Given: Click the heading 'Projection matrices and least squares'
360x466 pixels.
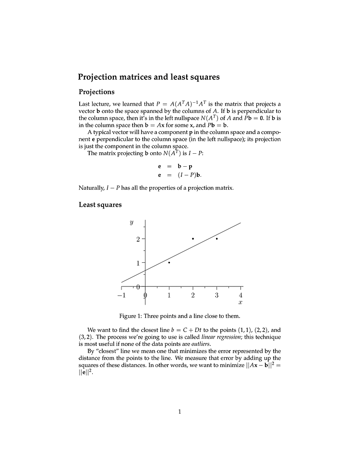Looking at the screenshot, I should tap(149, 77).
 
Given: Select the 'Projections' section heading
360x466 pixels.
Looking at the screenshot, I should tap(96, 92).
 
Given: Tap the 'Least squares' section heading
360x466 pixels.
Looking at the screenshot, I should tap(100, 205).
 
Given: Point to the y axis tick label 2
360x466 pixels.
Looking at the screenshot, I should tap(138, 239).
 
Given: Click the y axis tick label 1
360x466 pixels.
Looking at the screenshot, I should tap(138, 263).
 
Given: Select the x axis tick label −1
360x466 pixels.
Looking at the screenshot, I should tap(121, 295).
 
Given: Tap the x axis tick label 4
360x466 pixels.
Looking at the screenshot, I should tap(240, 295).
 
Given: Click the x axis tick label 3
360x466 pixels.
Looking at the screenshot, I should tap(216, 295).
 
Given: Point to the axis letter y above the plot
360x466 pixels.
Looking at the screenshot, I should tap(132, 222).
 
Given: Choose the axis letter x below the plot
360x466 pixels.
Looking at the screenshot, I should tap(240, 303).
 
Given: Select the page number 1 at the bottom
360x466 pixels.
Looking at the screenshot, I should tap(180, 411).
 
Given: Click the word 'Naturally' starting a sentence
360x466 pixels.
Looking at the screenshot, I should tap(91, 187).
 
